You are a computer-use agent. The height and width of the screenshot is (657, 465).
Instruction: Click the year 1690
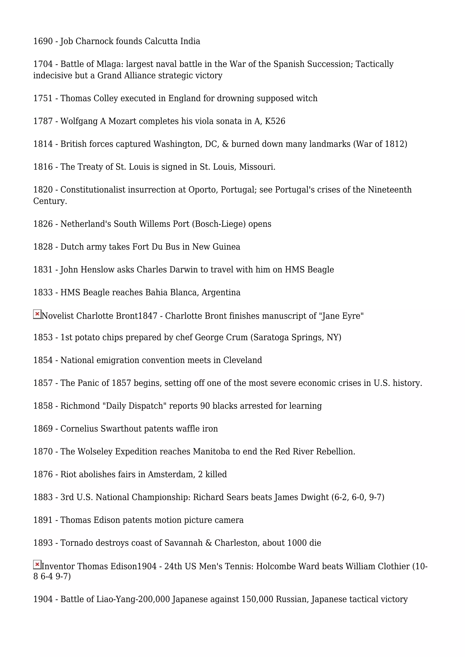pyautogui.click(x=43, y=41)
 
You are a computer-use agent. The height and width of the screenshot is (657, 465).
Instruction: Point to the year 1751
pyautogui.click(x=43, y=98)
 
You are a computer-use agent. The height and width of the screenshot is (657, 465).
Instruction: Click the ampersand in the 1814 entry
pyautogui.click(x=225, y=144)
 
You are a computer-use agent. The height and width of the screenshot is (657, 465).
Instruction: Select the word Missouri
pyautogui.click(x=257, y=167)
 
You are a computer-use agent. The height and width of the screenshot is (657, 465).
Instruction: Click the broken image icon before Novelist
pyautogui.click(x=37, y=314)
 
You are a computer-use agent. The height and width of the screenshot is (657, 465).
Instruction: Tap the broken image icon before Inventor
pyautogui.click(x=37, y=565)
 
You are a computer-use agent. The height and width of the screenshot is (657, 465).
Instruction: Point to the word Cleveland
pyautogui.click(x=242, y=360)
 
